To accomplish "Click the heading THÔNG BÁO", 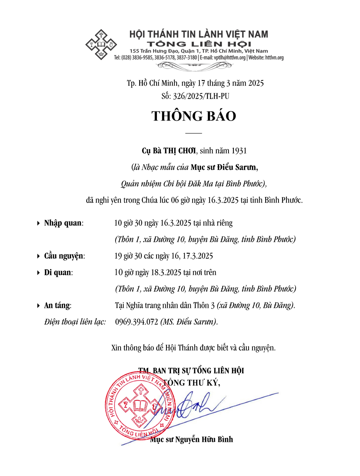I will click(194, 116).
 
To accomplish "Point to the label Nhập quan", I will click(63, 223).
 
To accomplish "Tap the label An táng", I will click(57, 305).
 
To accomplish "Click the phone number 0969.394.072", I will click(136, 322).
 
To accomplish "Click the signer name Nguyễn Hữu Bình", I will click(202, 440).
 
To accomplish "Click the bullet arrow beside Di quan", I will click(38, 273).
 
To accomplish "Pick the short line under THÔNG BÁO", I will click(194, 133).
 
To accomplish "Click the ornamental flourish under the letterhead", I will click(195, 66).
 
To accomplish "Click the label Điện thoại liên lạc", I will click(75, 322).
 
